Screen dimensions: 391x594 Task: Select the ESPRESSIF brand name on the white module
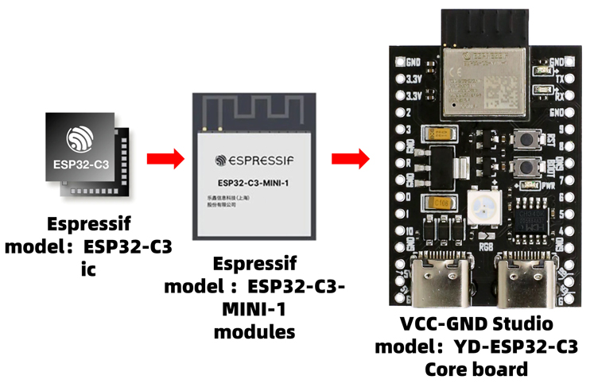pyautogui.click(x=254, y=160)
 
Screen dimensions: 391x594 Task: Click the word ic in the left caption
pyautogui.click(x=88, y=269)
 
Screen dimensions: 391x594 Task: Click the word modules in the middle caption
pyautogui.click(x=254, y=331)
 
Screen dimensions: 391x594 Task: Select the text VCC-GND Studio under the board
pyautogui.click(x=476, y=325)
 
